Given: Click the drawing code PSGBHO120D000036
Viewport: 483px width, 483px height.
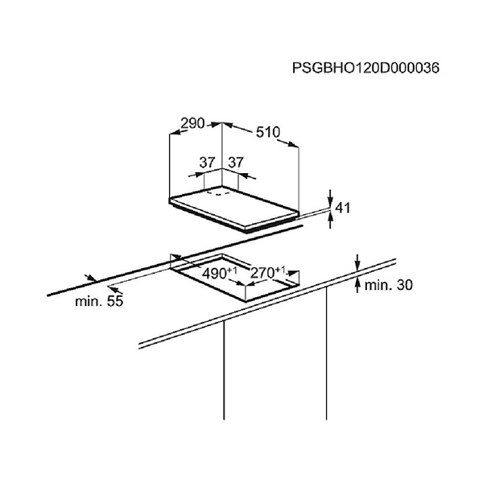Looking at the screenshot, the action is click(365, 68).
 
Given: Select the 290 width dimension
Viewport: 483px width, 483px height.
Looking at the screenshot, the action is click(192, 123).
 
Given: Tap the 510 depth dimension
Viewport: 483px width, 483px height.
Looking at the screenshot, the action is click(268, 133).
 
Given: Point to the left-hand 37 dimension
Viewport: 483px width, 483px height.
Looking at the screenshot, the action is click(207, 163).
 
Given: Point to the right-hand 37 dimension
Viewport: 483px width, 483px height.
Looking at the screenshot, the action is click(236, 163).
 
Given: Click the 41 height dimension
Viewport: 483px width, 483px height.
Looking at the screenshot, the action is click(343, 208).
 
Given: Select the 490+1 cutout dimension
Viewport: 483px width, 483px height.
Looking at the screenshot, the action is click(220, 273).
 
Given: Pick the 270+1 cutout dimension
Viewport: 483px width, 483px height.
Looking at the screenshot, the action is click(268, 272).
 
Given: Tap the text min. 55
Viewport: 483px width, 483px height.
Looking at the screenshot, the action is click(99, 301).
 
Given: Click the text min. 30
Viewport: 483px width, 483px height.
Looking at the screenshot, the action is click(389, 285).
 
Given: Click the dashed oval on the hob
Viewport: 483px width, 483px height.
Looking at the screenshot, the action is click(218, 193).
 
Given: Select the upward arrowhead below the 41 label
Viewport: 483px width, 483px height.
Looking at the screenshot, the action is click(330, 217).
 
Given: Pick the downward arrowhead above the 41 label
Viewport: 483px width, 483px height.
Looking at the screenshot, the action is click(330, 202).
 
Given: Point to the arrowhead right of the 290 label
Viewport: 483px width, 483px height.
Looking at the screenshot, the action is click(217, 125).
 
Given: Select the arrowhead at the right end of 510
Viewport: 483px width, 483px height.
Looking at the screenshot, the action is click(293, 144).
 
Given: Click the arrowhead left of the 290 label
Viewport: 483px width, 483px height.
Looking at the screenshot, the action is click(175, 132).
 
